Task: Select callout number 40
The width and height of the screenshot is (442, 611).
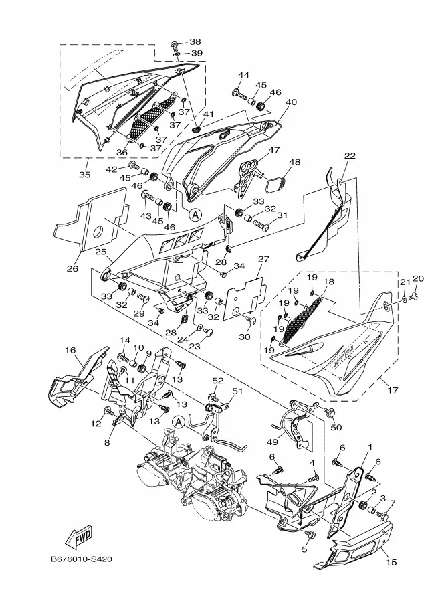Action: (291, 102)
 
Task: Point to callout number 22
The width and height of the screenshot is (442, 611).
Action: (350, 156)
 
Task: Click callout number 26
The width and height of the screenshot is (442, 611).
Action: (72, 269)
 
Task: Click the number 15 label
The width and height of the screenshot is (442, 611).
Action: (392, 562)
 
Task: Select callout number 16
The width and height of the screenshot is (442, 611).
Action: (70, 350)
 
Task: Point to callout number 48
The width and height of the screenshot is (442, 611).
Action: (295, 162)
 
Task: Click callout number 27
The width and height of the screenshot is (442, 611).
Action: (263, 259)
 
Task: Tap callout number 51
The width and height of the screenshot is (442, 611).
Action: (237, 392)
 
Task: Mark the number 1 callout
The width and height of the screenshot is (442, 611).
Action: (368, 446)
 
